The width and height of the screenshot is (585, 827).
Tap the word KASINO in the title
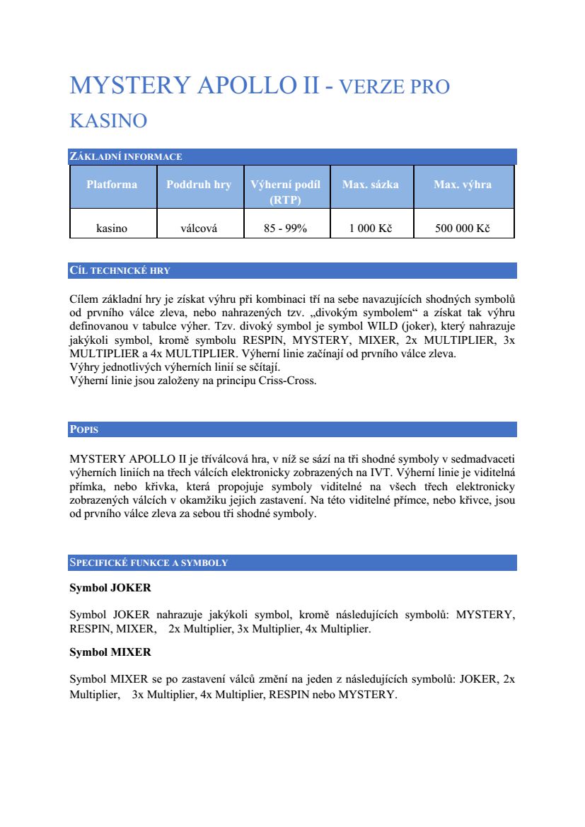coord(108,120)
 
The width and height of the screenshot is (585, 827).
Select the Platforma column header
coord(112,185)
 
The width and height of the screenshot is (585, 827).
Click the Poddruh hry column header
coord(199,185)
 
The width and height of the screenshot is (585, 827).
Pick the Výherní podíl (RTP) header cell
coord(286,192)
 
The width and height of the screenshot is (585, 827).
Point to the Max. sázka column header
coord(371,185)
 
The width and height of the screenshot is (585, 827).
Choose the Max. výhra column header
coord(463,185)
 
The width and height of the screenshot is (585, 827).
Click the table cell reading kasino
coord(112,229)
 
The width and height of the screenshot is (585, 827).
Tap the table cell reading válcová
coord(199,229)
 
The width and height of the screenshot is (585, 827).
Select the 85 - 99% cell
coord(286,229)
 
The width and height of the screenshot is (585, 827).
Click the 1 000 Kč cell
coord(371,229)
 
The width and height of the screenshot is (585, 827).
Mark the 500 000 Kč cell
coord(463,229)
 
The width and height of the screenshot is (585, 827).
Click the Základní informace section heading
coord(126,156)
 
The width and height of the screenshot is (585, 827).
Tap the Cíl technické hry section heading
coord(120,270)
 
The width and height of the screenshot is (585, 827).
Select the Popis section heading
coord(83,429)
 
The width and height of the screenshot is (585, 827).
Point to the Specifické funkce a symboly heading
coord(149,562)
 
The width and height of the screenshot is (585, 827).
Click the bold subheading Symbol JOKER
coord(110,588)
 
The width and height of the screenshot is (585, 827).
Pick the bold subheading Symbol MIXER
coord(110,652)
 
